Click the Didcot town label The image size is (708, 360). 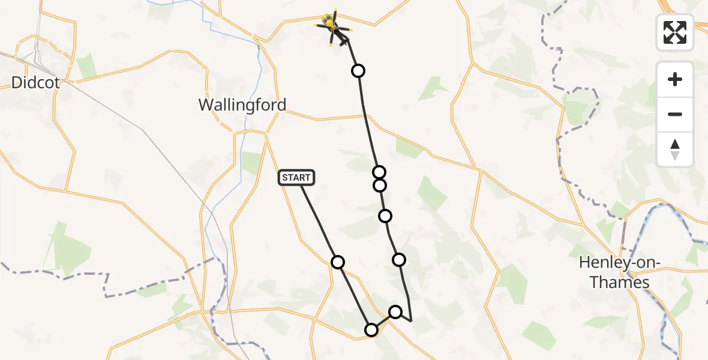coord(35,82)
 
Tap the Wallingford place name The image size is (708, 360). coord(242,105)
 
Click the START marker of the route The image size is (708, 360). coord(296,178)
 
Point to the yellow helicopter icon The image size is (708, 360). coord(331,25)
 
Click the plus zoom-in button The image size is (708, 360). coord(675,79)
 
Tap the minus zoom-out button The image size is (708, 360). coord(675,114)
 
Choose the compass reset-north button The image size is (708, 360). coord(675,149)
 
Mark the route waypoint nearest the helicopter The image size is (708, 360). coord(358,71)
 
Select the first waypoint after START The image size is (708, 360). coord(338,262)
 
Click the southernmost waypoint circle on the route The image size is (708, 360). coord(371,329)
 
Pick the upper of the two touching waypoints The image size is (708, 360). coord(379,173)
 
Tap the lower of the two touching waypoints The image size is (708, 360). coord(379,185)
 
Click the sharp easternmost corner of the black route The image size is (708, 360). coord(411,321)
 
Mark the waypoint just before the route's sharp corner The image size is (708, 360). coord(395,311)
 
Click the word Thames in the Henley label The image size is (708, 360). coord(620,282)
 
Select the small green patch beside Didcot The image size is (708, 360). coord(86,65)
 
